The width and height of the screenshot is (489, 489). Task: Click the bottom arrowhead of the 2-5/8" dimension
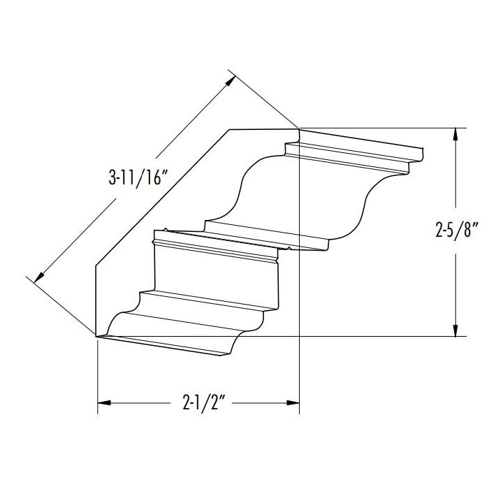pos(455,330)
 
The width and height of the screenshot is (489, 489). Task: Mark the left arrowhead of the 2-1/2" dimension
pos(103,403)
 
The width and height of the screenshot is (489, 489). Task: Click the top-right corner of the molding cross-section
pos(299,129)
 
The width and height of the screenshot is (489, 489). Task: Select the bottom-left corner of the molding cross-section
pos(96,336)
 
